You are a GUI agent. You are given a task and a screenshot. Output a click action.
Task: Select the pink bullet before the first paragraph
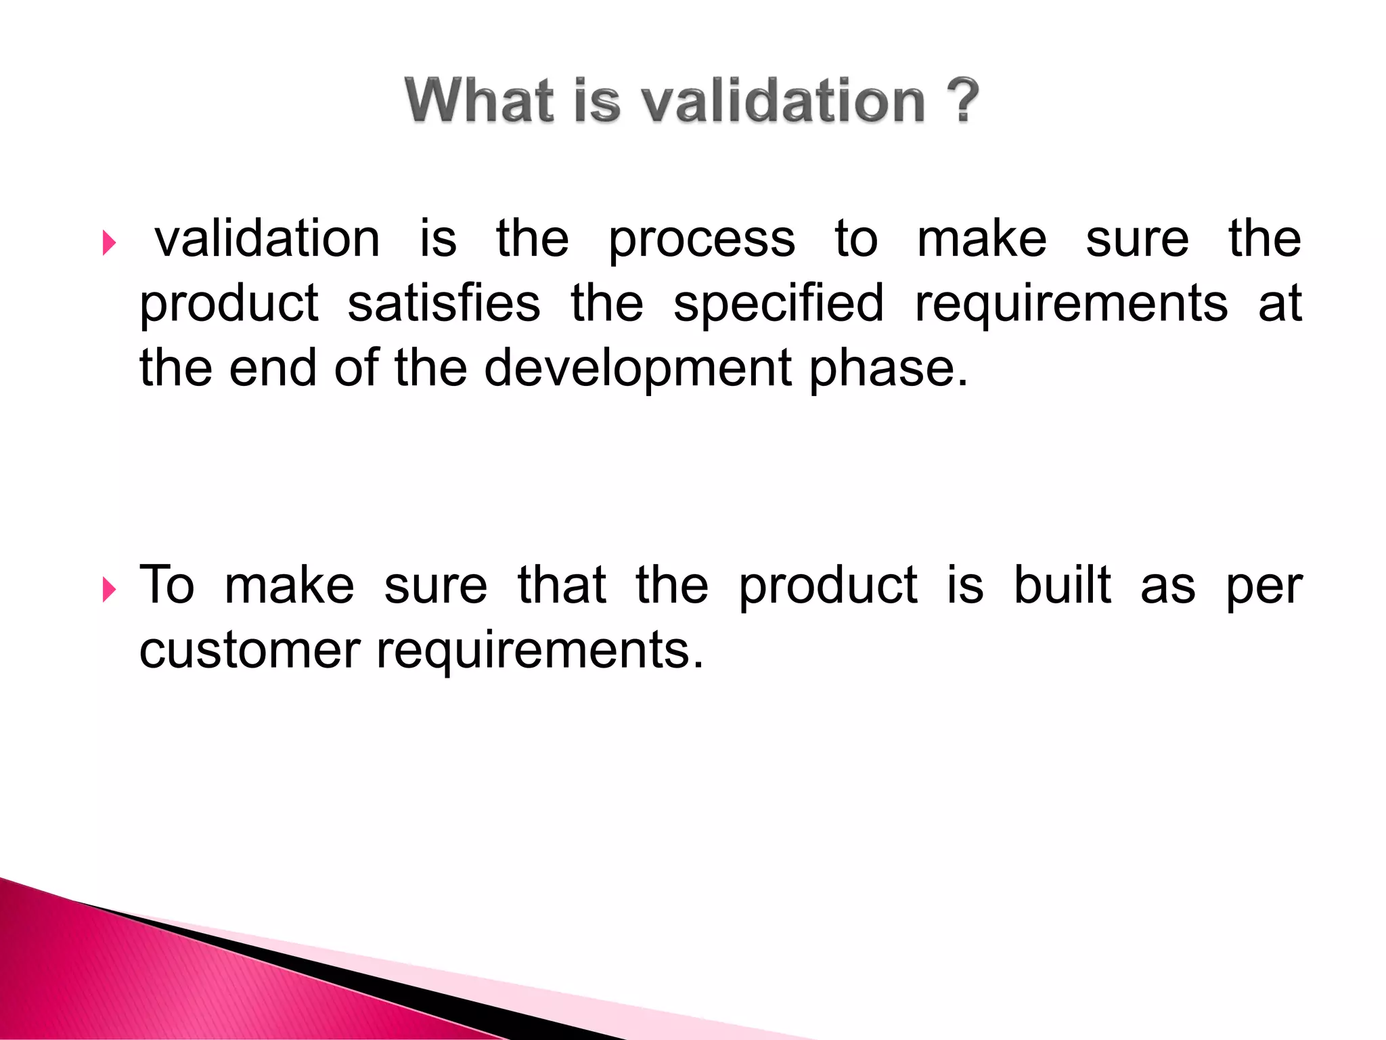[x=109, y=242]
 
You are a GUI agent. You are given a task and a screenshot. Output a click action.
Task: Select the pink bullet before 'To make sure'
[x=109, y=589]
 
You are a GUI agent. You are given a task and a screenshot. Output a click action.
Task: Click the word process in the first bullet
[x=701, y=241]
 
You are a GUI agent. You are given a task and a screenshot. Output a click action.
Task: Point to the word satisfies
[x=444, y=303]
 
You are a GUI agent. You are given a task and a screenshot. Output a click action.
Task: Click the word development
[x=638, y=369]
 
